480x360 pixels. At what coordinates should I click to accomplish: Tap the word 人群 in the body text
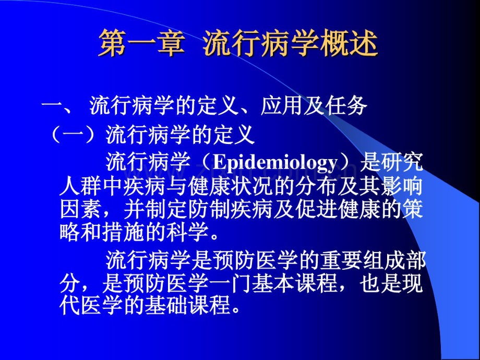pyautogui.click(x=79, y=186)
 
